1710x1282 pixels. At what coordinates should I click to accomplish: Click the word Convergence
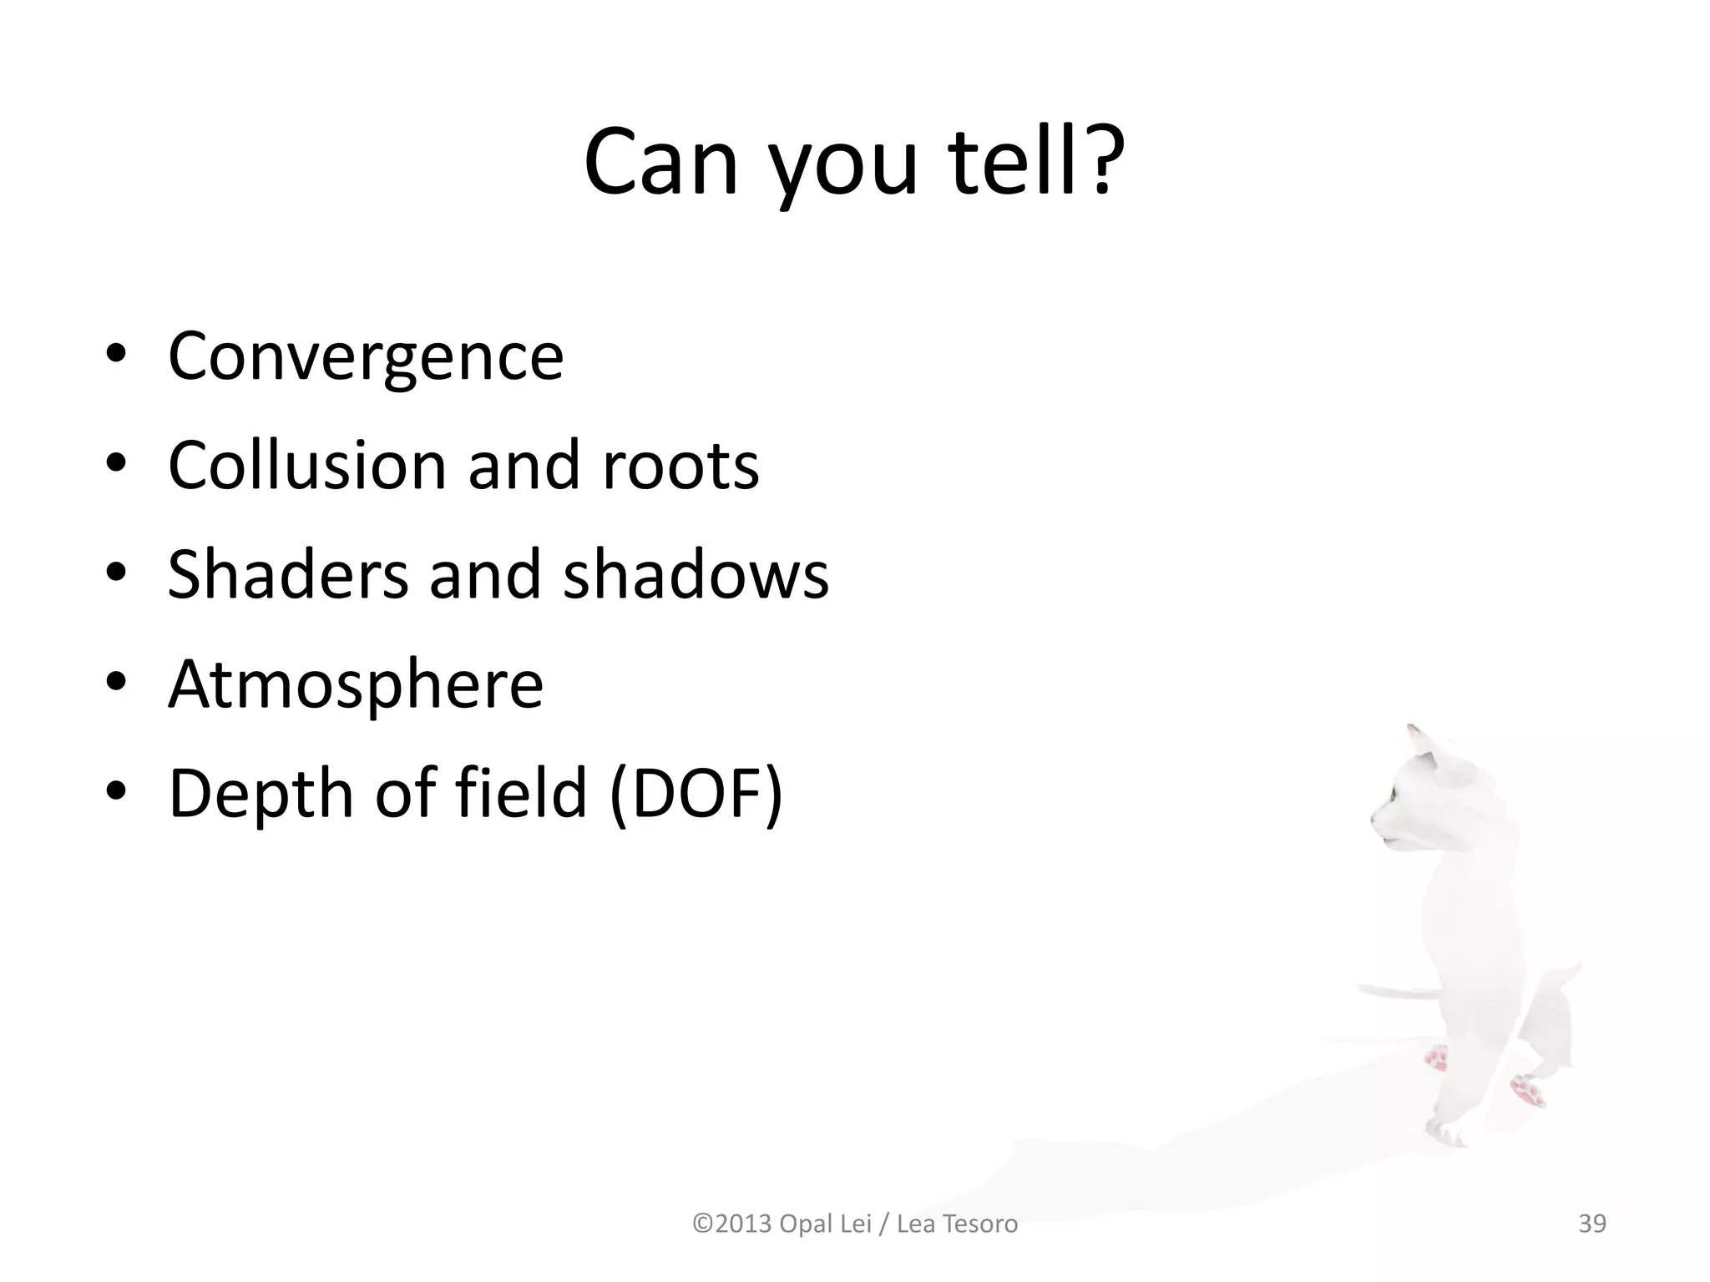tap(366, 356)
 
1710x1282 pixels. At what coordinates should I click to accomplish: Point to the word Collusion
tap(306, 465)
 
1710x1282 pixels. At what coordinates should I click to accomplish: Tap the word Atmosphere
tap(356, 684)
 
